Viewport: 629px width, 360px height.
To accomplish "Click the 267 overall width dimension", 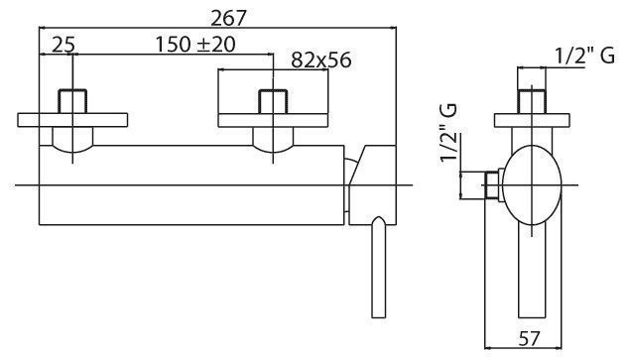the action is [x=228, y=18].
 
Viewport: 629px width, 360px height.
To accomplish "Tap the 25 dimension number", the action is [x=63, y=44].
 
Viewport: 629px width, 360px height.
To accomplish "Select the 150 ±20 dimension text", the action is [x=195, y=44].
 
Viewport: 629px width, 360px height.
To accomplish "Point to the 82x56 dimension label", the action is [x=320, y=60].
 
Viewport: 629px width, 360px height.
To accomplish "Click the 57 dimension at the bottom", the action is [x=529, y=339].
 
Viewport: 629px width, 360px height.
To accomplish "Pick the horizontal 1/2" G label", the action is [x=584, y=56].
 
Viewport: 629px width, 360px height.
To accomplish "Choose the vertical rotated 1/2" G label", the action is [x=448, y=132].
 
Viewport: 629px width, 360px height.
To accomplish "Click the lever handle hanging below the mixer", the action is [x=378, y=268].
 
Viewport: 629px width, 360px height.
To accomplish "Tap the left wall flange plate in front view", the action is [x=72, y=120].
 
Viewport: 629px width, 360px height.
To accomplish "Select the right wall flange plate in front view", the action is [x=273, y=120].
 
